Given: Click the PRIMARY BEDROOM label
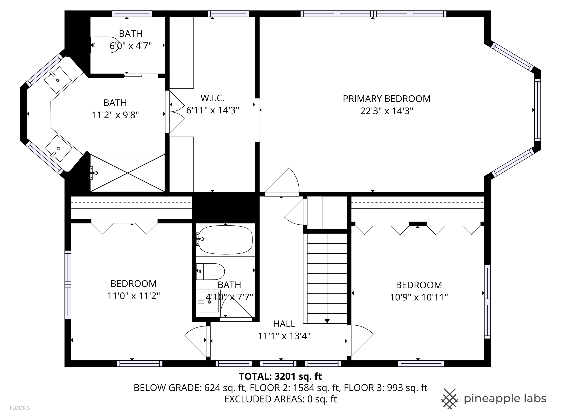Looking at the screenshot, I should tap(387, 99).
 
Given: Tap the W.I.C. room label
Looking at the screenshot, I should tap(213, 98).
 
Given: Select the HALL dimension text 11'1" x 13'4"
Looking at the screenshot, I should tap(284, 336).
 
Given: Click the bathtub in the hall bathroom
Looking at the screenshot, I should tap(226, 239).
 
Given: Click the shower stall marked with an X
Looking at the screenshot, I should tap(128, 173).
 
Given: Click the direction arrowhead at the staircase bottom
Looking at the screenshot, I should tap(327, 321).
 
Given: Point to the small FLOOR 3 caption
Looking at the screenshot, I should tap(20, 408).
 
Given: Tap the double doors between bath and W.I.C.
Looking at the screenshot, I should tap(176, 112).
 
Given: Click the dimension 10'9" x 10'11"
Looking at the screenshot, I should tap(419, 297).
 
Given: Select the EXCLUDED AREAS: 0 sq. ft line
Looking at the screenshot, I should tap(280, 399).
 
